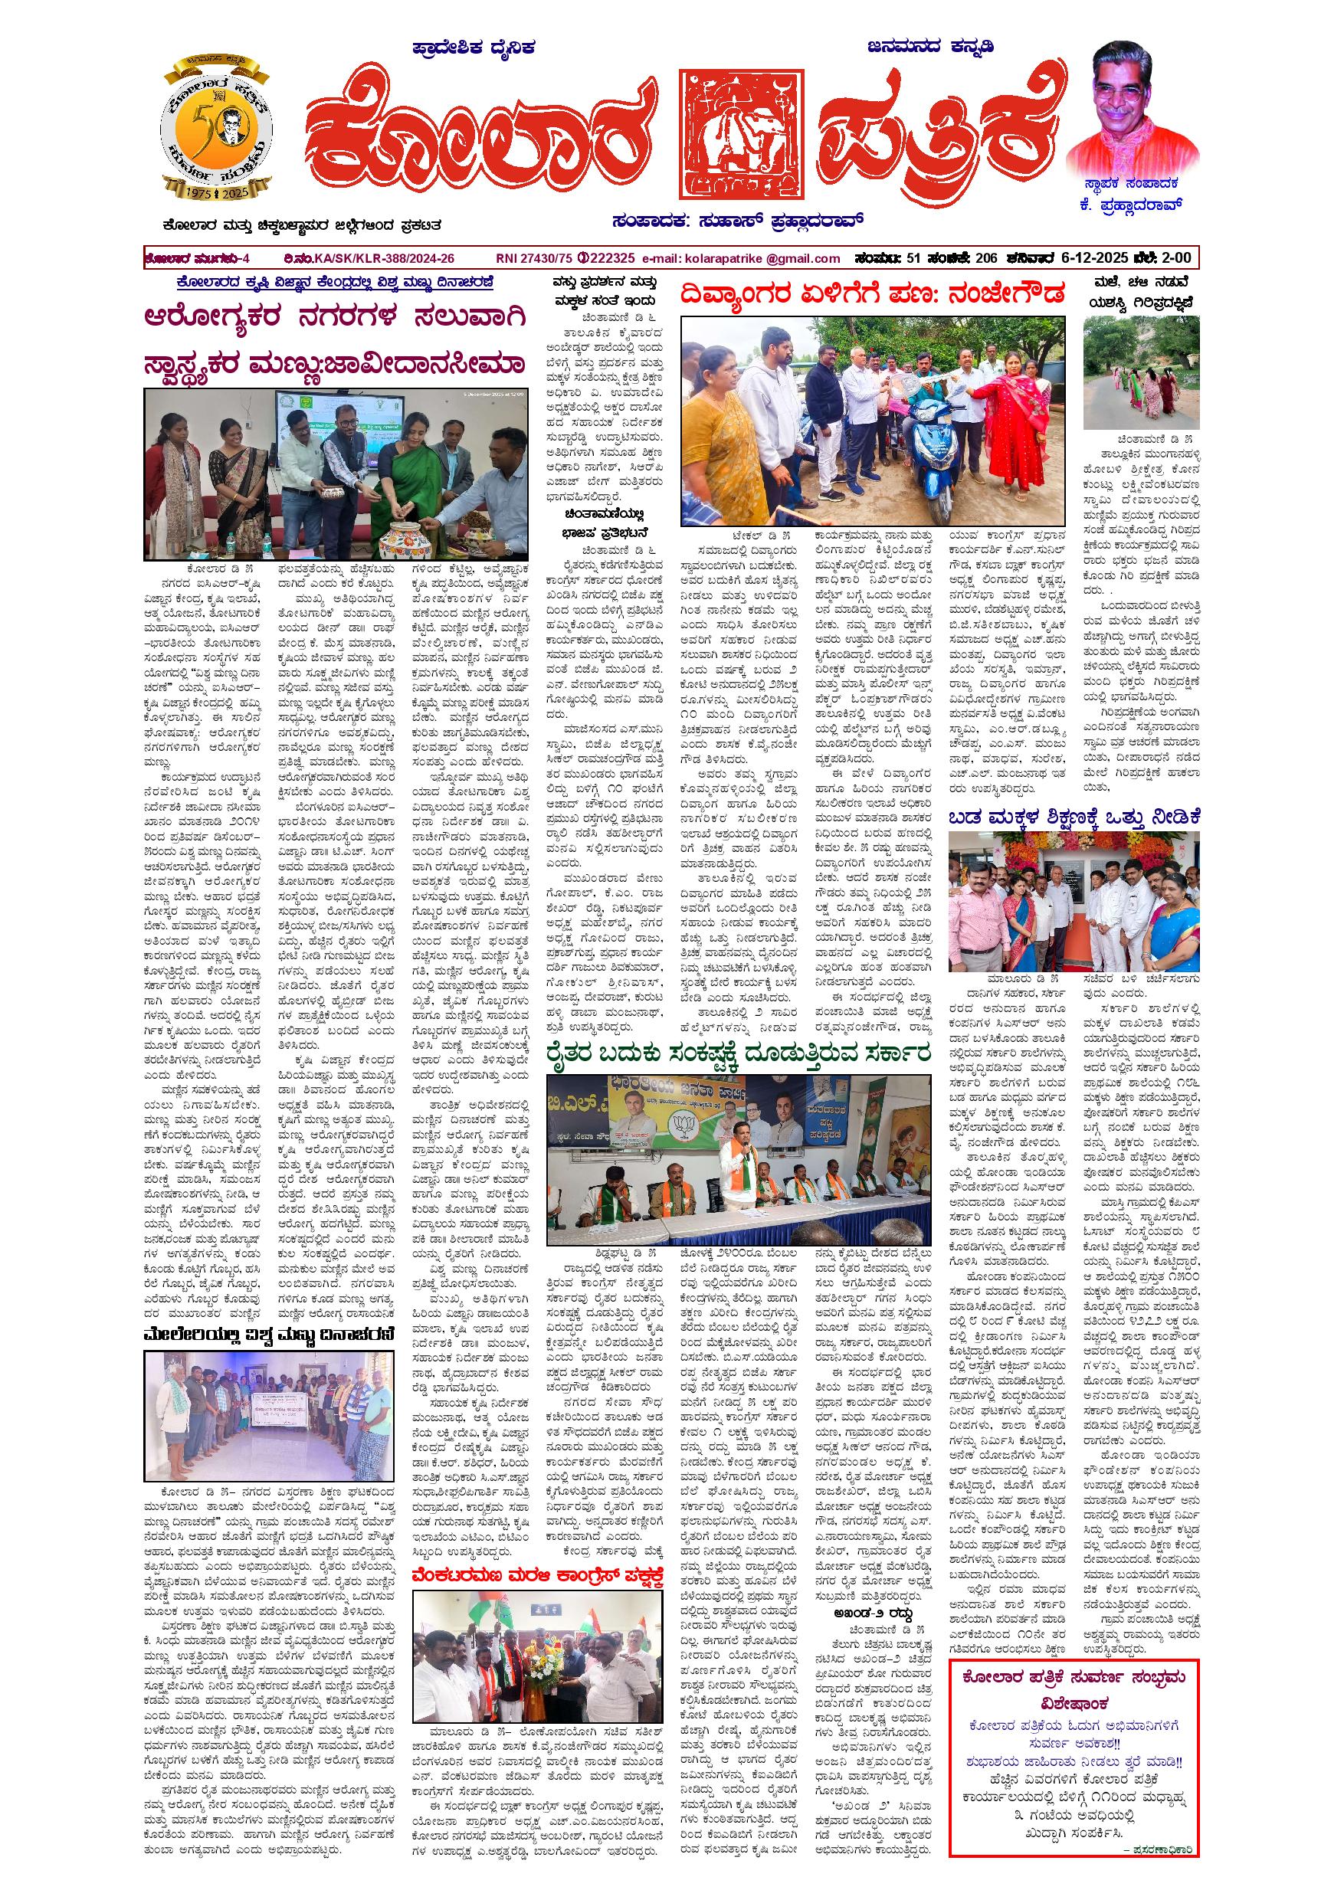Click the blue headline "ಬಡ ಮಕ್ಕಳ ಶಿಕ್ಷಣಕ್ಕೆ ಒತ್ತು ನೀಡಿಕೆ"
click(x=1075, y=817)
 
